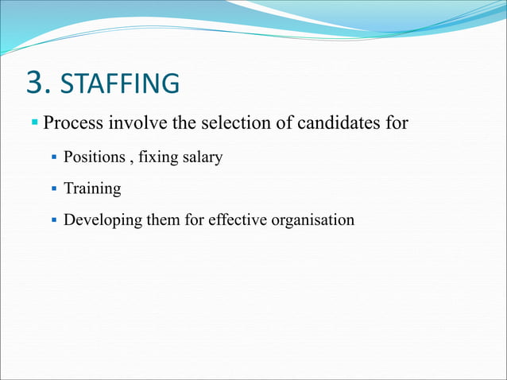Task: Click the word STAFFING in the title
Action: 120,83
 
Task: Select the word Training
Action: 92,189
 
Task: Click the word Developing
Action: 101,220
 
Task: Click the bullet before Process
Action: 35,123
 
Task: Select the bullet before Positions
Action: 54,157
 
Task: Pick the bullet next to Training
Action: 54,188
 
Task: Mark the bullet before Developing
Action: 54,219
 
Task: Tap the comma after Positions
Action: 131,160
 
